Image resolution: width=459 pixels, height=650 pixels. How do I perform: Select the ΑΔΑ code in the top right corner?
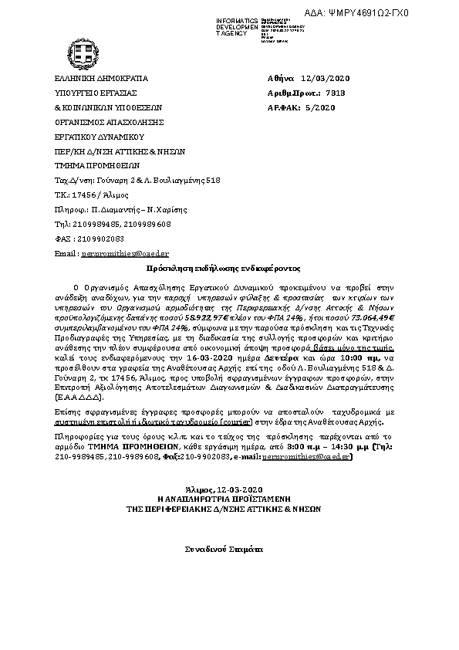pos(390,13)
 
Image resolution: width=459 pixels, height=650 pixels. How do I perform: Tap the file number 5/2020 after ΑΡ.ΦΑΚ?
pos(322,107)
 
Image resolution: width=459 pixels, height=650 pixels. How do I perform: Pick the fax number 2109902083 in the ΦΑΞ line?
pos(97,239)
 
